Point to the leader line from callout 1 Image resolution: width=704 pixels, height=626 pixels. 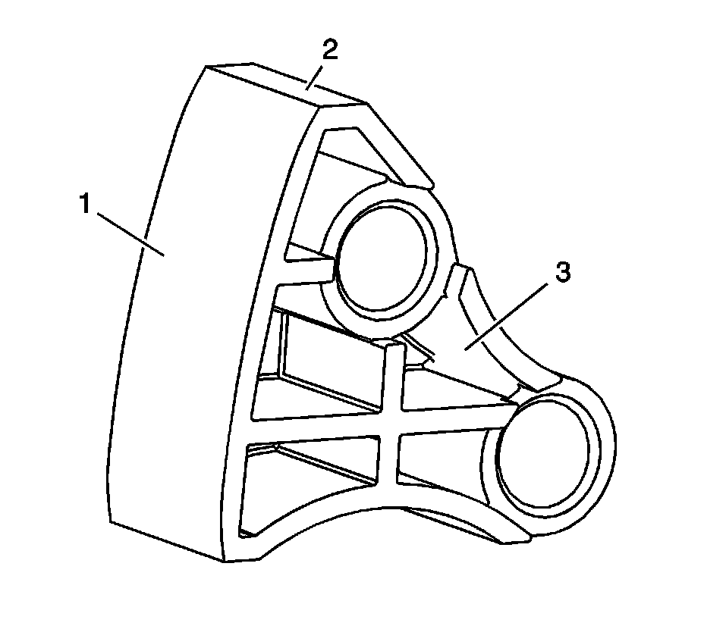(x=129, y=232)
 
